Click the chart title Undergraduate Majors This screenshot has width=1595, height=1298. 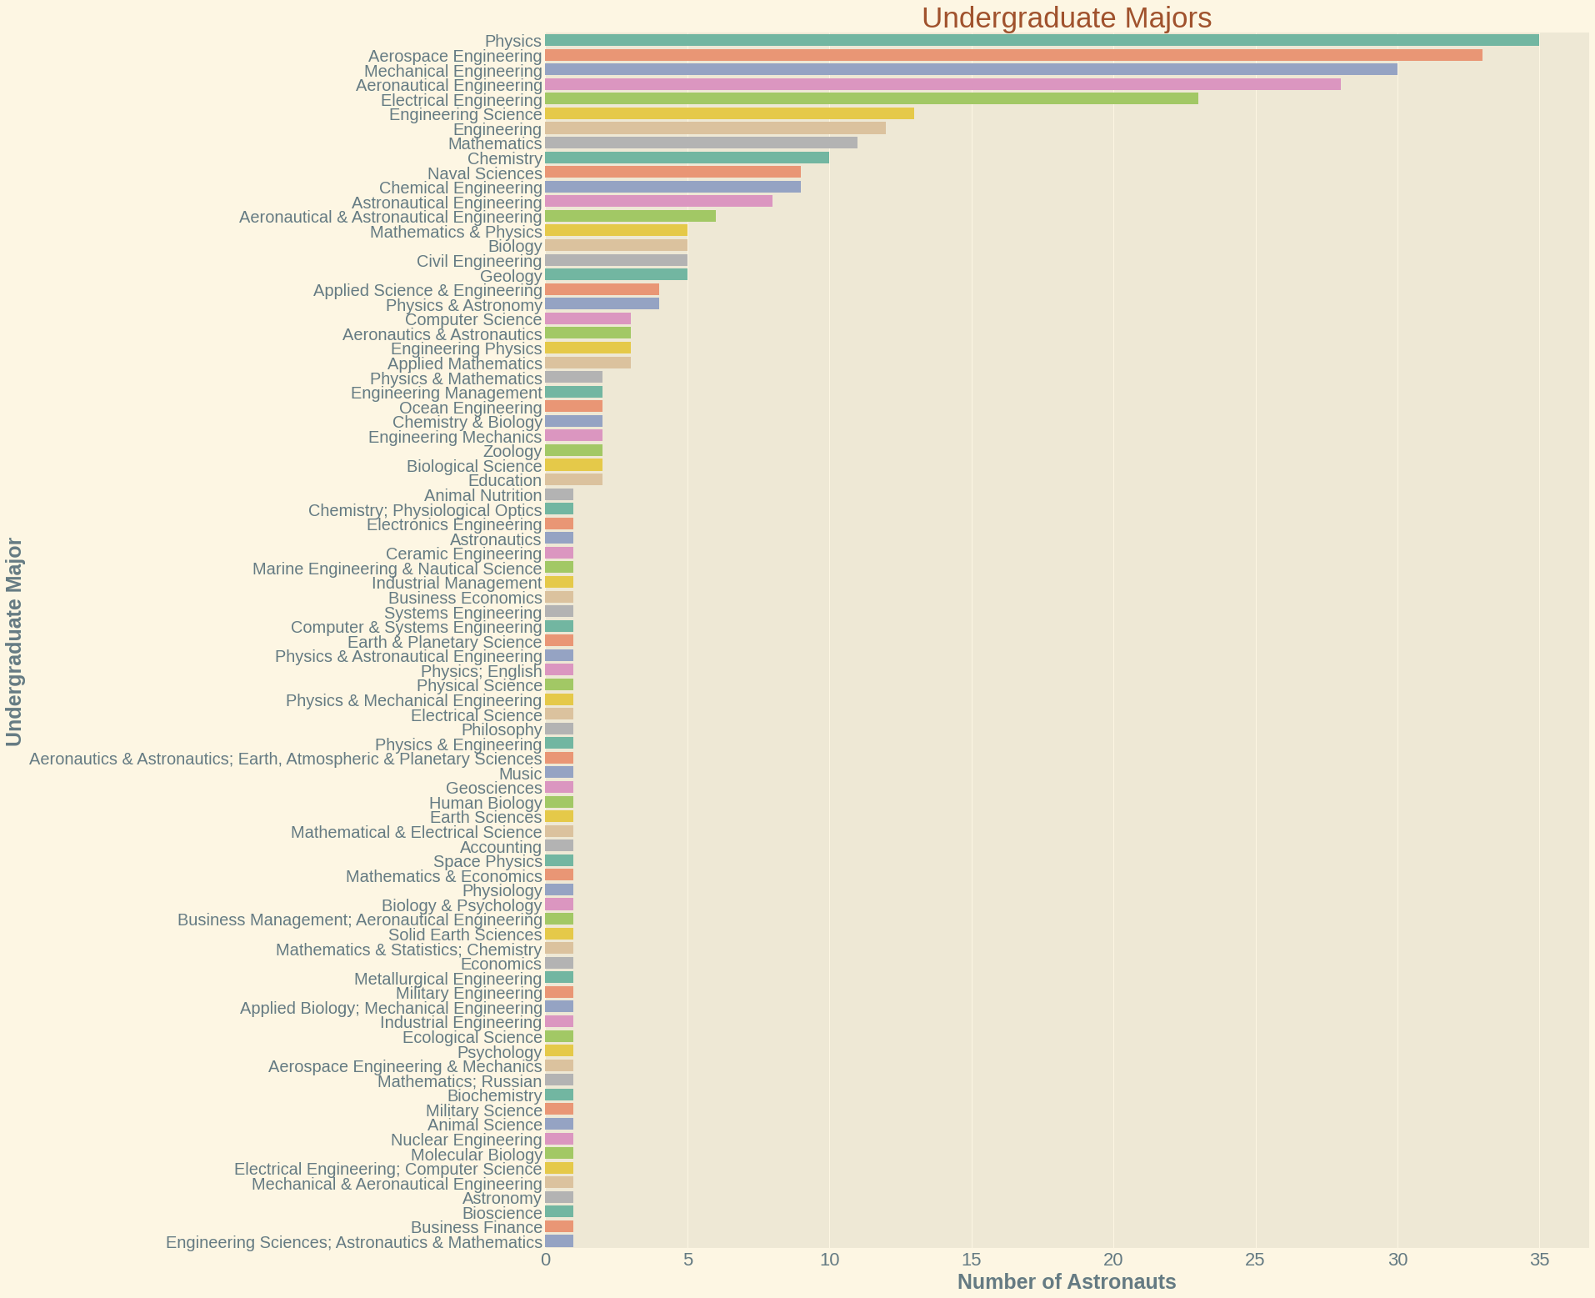(x=1066, y=18)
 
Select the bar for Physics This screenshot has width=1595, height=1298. (x=1042, y=40)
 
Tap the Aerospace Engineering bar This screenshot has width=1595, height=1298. (x=1013, y=55)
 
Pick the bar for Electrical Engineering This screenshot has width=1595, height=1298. (x=871, y=98)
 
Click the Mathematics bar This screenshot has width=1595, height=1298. (x=701, y=143)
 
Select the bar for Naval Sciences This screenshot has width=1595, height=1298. (x=672, y=172)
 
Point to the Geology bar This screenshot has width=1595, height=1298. (x=616, y=274)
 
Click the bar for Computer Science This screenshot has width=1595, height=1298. (x=587, y=318)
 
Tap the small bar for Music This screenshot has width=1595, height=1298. (x=559, y=773)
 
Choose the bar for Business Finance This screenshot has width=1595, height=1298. (x=559, y=1226)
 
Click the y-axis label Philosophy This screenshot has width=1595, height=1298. (x=502, y=730)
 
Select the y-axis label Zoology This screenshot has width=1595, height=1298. (x=512, y=452)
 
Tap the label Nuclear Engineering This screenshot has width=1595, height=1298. (x=467, y=1140)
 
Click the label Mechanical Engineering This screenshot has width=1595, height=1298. (x=453, y=71)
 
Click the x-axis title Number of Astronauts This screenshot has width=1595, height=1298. (x=1066, y=1282)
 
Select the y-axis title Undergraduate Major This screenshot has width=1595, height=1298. (x=14, y=642)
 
